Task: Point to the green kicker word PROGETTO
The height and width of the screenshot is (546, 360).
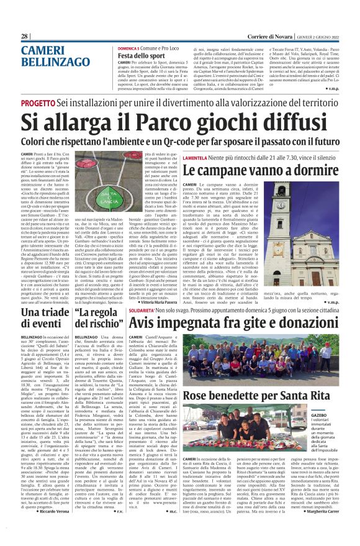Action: pyautogui.click(x=38, y=104)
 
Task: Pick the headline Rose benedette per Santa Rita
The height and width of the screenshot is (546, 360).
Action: pyautogui.click(x=256, y=396)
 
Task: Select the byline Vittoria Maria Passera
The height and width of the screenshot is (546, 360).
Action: pyautogui.click(x=179, y=301)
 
